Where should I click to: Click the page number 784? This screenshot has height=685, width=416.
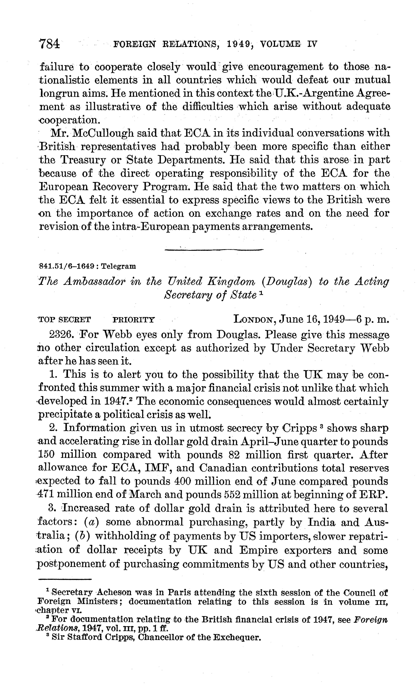click(49, 44)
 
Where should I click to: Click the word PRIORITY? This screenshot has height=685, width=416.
click(134, 320)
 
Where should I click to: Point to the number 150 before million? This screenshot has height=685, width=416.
click(46, 455)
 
